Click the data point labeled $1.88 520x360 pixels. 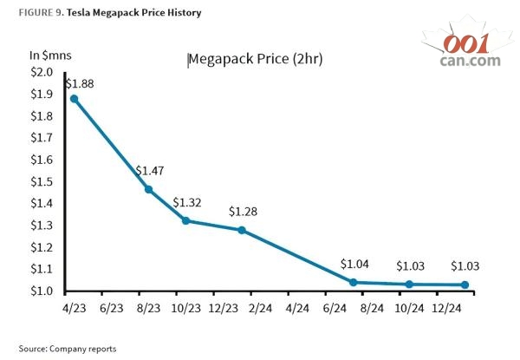click(x=75, y=99)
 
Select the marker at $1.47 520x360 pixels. click(x=148, y=189)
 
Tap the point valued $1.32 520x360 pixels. click(x=185, y=220)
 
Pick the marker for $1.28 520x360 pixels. click(x=242, y=230)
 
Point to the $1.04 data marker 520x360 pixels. click(x=353, y=282)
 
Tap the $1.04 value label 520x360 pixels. click(x=354, y=264)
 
